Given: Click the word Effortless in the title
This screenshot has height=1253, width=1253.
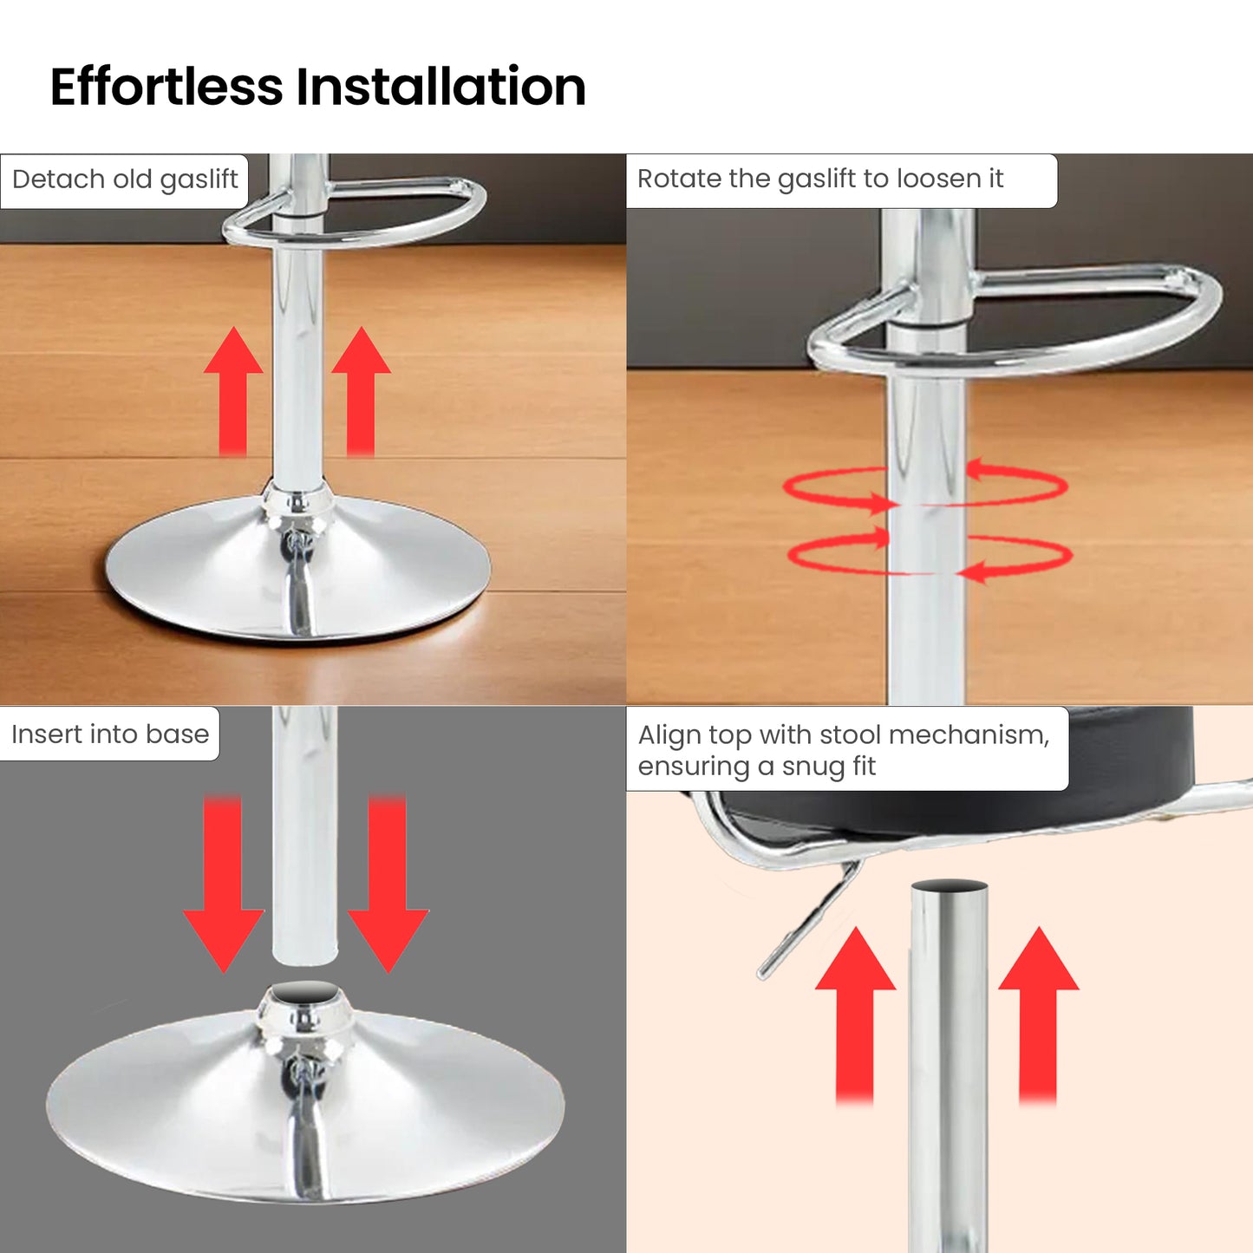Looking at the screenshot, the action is coord(166,86).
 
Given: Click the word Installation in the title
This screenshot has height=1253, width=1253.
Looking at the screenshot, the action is coord(441,86).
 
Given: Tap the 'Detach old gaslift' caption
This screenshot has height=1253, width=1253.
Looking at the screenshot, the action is coord(125,179).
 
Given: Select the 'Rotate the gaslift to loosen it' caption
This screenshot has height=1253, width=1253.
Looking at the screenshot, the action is coord(820,178).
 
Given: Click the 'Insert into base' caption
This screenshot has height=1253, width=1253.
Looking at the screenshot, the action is coord(110,734).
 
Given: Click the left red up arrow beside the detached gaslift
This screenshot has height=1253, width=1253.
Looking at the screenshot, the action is coord(233,391).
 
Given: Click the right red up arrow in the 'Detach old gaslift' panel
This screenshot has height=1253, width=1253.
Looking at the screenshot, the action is coord(361,391).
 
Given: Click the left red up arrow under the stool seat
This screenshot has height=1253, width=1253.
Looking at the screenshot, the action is coord(855,1015).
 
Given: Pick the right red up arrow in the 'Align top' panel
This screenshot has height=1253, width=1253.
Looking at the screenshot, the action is coord(1039,1015).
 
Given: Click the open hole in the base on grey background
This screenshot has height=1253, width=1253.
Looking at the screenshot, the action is coord(305,993).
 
